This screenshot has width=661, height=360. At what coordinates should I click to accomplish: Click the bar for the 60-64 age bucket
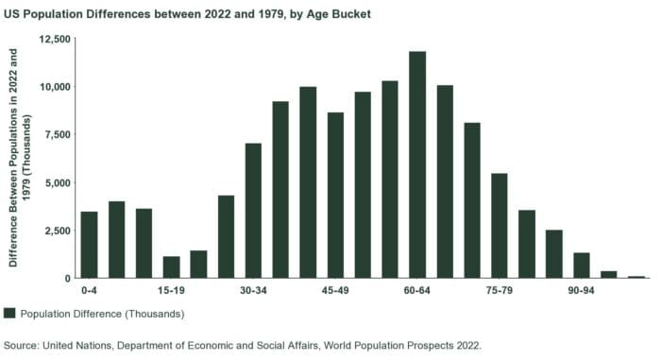(416, 164)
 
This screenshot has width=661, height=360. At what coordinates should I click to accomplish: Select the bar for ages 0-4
(89, 245)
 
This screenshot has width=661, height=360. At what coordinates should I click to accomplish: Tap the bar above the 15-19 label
(171, 267)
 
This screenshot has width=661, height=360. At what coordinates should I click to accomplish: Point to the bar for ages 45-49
(335, 196)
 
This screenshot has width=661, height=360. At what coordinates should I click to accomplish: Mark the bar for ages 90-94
(581, 266)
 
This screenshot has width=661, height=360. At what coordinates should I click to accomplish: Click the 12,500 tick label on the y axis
(55, 39)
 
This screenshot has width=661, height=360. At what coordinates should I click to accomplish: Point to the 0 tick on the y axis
(68, 279)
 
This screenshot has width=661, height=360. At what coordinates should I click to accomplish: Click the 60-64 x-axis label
(416, 291)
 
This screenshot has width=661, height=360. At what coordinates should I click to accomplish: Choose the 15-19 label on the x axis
(171, 291)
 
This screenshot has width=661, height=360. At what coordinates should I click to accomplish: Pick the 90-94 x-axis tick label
(581, 291)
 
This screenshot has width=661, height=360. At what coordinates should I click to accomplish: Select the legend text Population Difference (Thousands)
(102, 314)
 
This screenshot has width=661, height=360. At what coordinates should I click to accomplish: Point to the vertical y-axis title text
(20, 159)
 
